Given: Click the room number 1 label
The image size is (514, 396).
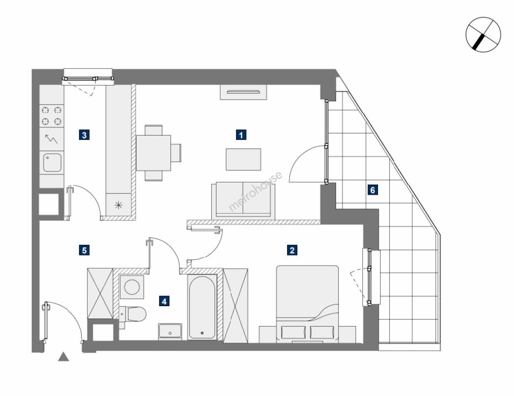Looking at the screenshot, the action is click(241, 135).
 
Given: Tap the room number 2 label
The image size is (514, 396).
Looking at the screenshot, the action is click(292, 250).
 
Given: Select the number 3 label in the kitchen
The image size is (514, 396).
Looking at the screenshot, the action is click(84, 135).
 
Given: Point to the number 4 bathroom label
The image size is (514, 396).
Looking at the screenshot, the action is click(164, 302).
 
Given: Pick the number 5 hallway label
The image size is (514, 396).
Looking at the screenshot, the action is click(84, 250).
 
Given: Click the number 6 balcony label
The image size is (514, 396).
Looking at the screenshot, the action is click(372, 190).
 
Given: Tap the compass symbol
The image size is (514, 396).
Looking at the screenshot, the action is click(483, 34).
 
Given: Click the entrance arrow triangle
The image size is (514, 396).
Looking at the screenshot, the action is click(63, 357).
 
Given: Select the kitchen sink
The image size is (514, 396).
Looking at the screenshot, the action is click(52, 162).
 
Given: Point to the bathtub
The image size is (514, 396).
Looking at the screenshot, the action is click(202, 307).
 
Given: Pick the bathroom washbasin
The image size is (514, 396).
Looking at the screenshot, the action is click(170, 331).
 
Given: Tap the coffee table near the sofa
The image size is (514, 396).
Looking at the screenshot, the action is click(243, 159).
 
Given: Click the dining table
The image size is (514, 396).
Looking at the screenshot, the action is click(154, 153).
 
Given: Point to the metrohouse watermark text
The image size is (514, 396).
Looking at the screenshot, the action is click(256, 191).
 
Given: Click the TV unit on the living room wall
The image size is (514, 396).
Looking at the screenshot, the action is click(243, 92).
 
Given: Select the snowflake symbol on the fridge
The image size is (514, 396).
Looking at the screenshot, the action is click(118, 205).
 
